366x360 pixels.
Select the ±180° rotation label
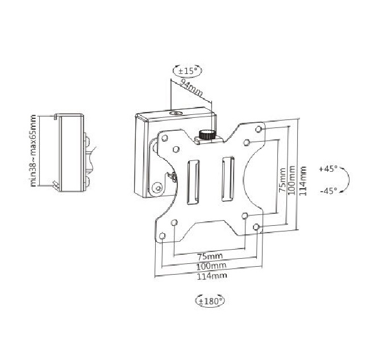point(209,299)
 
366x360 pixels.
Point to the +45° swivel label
point(328,169)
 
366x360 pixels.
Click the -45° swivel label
point(328,191)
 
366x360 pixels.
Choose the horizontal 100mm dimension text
point(210,266)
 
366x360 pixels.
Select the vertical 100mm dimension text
point(292,181)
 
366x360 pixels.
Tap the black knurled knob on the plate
point(206,135)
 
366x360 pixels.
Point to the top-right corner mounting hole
point(260,129)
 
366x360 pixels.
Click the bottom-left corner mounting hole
point(163,235)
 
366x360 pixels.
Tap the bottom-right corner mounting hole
point(257,227)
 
